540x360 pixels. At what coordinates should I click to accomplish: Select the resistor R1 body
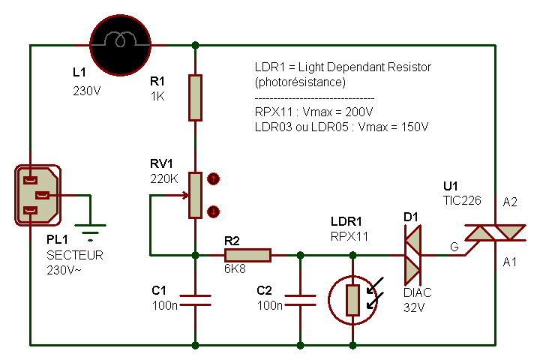[x=195, y=97]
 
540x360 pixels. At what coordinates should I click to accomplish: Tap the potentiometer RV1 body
[x=195, y=195]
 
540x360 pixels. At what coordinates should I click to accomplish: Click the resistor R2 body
[x=247, y=256]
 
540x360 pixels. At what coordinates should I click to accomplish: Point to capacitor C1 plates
[x=195, y=300]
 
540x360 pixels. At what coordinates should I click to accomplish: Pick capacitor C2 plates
[x=300, y=300]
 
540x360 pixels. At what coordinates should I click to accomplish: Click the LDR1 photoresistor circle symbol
[x=352, y=300]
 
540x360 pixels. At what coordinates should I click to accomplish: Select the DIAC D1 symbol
[x=413, y=256]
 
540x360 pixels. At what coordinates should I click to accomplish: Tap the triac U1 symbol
[x=495, y=233]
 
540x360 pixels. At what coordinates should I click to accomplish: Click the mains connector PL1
[x=37, y=195]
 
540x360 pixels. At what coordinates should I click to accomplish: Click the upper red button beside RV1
[x=213, y=179]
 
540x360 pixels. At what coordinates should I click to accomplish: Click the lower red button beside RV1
[x=213, y=211]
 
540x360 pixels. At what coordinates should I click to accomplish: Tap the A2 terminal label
[x=510, y=202]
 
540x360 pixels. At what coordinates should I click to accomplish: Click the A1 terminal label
[x=510, y=262]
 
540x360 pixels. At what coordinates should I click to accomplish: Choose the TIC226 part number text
[x=460, y=201]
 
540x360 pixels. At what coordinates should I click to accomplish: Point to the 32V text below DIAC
[x=413, y=306]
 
